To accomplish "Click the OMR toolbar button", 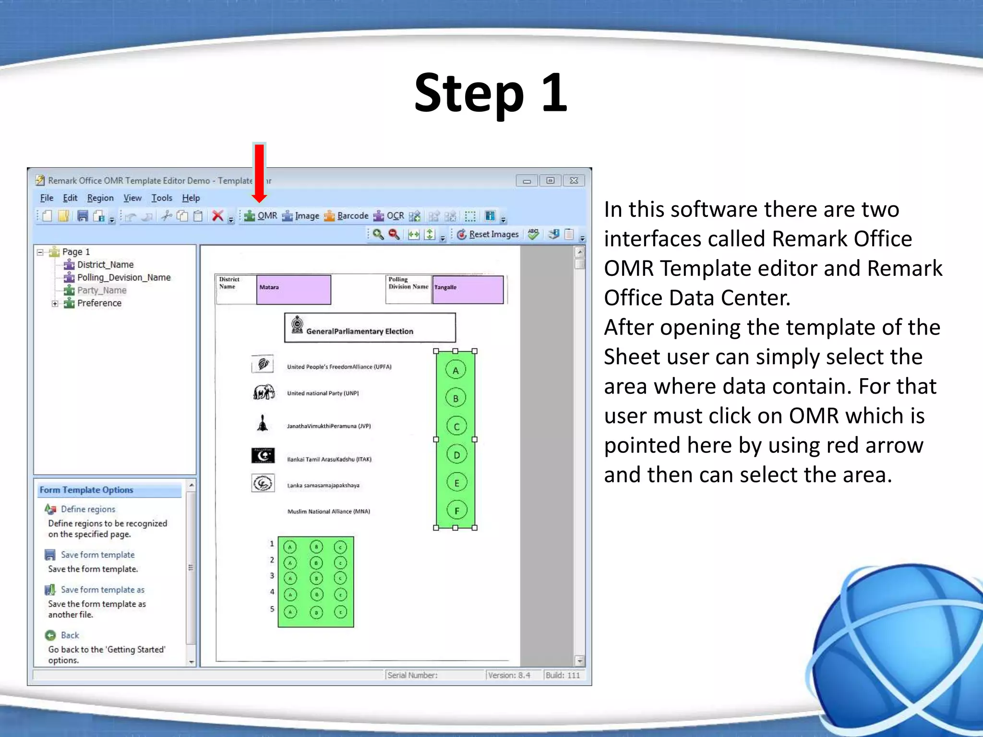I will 261,216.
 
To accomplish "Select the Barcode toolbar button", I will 347,216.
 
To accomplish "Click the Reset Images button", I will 488,234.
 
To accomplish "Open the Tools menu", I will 161,198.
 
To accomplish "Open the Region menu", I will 100,198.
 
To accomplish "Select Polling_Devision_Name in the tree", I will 123,277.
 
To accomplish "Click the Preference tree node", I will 99,303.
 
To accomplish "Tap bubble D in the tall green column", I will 456,454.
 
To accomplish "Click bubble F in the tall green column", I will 456,511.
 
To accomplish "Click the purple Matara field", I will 293,289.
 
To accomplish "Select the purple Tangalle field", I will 468,289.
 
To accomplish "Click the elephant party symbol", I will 264,392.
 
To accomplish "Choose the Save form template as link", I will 102,590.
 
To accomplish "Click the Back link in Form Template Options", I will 70,635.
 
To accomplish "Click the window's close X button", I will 574,180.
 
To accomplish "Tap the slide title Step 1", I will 491,93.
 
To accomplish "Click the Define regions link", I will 88,509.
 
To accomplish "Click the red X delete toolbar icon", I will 217,216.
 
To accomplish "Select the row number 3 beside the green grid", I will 272,576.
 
